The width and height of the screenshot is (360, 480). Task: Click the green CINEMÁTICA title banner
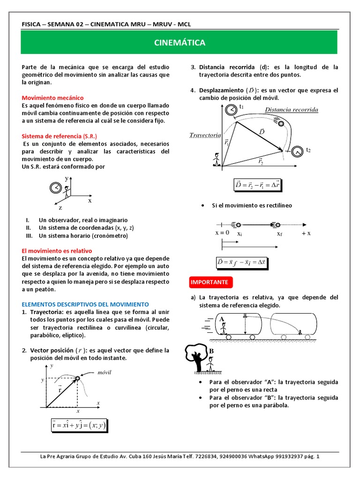click(x=180, y=43)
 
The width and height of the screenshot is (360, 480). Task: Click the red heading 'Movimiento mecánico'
click(x=53, y=98)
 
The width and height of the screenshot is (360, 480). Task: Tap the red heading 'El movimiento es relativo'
click(x=57, y=251)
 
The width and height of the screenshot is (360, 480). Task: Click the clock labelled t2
click(x=297, y=151)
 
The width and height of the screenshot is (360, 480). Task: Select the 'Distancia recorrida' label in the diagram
click(x=291, y=110)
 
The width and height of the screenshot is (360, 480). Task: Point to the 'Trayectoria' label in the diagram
click(x=205, y=135)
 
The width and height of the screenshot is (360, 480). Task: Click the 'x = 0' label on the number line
click(x=222, y=232)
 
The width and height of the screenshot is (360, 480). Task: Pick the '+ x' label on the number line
click(x=306, y=233)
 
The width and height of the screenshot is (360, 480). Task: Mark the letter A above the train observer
click(x=222, y=319)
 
